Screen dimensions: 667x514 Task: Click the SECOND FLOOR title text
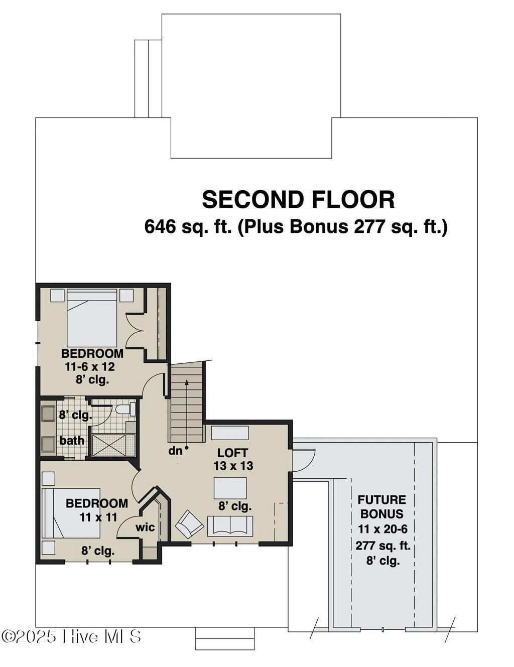coord(298,200)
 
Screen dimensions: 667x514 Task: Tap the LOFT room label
coord(232,452)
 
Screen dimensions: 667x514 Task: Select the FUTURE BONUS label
coord(382,507)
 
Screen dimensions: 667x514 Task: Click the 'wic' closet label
coord(145,527)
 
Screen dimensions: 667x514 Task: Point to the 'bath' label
coord(72,441)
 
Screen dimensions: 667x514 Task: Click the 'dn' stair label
coord(175,451)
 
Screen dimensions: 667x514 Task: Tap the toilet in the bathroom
coord(125,409)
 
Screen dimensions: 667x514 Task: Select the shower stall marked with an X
coord(109,445)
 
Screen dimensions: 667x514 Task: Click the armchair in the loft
coord(189,524)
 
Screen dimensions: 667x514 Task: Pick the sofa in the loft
coord(230,525)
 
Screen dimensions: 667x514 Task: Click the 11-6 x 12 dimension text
coord(90,366)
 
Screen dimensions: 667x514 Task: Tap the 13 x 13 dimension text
coord(233,466)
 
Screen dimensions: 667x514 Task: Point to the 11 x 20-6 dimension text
coord(382,529)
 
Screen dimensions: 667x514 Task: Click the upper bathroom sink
coord(48,414)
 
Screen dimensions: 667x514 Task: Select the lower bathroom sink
coord(48,444)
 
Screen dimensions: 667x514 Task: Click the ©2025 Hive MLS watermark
coord(71,637)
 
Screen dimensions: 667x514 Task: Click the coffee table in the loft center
coord(230,488)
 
